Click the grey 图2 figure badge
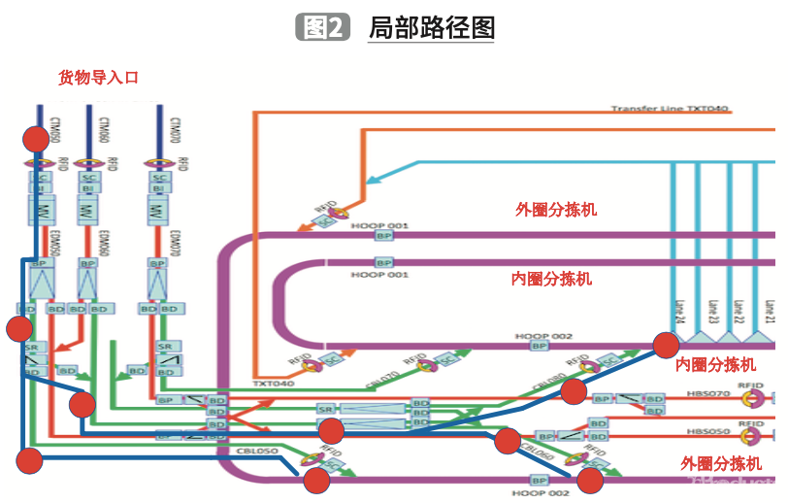[x=321, y=28]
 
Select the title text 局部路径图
[x=431, y=28]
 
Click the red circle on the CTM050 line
[x=36, y=139]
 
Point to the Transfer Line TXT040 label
[x=670, y=109]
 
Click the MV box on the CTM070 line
[x=159, y=210]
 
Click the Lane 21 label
[x=769, y=312]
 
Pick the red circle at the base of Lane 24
[x=666, y=345]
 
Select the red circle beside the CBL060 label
[x=507, y=442]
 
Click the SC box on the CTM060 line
[x=88, y=178]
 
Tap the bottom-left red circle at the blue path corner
[x=30, y=461]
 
